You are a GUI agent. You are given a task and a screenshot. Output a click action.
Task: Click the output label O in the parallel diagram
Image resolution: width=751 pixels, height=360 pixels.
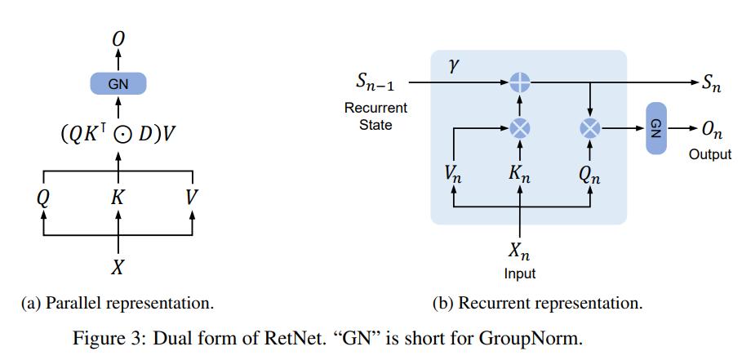[x=118, y=38]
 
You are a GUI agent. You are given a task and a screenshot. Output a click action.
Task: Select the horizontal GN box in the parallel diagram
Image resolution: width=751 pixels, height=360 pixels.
[x=118, y=83]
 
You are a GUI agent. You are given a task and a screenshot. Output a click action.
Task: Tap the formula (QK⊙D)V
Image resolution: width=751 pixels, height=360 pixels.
[x=118, y=134]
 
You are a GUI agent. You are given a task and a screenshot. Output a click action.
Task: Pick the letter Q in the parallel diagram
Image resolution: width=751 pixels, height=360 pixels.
[x=43, y=198]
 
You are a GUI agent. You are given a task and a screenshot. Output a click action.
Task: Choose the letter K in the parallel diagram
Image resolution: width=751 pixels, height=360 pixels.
[x=118, y=198]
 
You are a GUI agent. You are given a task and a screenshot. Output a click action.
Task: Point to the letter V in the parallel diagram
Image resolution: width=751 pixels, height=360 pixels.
[x=192, y=198]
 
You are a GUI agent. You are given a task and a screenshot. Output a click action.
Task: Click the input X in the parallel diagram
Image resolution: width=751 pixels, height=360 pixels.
[x=118, y=267]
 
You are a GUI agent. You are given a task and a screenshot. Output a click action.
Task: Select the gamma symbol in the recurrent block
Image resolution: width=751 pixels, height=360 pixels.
[x=454, y=66]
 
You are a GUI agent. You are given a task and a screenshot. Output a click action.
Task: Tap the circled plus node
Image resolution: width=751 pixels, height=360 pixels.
[x=520, y=82]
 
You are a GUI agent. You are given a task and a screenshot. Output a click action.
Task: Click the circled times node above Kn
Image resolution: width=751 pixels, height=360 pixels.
[x=520, y=128]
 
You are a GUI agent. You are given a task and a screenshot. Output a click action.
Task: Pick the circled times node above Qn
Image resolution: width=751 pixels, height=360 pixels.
[x=589, y=128]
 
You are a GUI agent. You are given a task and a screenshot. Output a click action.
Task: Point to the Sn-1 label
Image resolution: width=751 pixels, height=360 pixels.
[x=375, y=82]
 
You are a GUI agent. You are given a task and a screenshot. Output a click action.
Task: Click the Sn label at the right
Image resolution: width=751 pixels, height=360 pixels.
[x=712, y=82]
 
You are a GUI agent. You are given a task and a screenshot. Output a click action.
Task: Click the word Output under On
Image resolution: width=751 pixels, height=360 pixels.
[x=710, y=154]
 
